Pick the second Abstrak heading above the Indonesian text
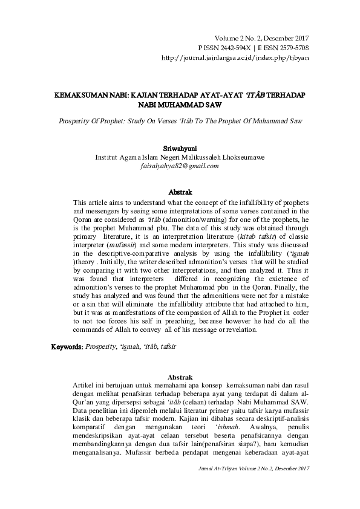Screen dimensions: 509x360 (180, 376)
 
